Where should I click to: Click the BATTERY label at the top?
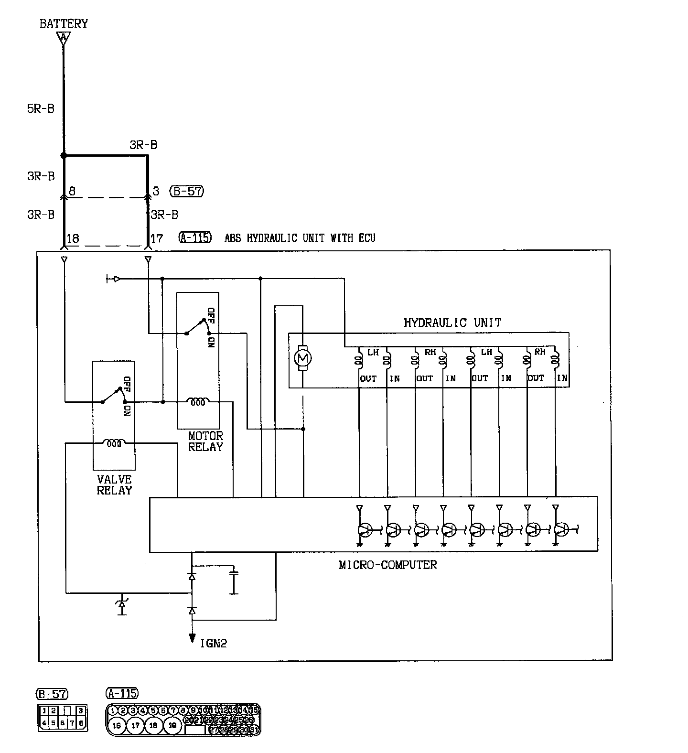tap(64, 23)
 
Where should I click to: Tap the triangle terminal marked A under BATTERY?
tap(63, 38)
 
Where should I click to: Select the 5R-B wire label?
tap(41, 108)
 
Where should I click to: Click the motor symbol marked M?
tap(302, 357)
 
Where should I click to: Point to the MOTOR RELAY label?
tap(205, 441)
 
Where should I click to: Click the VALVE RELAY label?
tap(114, 484)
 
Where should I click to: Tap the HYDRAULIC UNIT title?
tap(452, 323)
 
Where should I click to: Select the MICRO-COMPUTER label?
tap(387, 565)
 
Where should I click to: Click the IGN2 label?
tap(213, 643)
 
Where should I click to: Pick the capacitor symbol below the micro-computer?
tap(234, 581)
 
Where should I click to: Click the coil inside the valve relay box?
tap(114, 443)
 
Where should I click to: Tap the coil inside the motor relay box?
tap(198, 402)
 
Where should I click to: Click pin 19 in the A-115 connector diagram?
tap(173, 725)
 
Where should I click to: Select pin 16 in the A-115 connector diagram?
tap(117, 725)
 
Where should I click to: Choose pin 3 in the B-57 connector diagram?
tap(81, 711)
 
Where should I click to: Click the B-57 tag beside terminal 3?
tap(187, 191)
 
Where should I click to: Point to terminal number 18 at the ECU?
tap(73, 238)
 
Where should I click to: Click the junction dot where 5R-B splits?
tap(63, 156)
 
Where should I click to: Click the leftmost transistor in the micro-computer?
tap(365, 529)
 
